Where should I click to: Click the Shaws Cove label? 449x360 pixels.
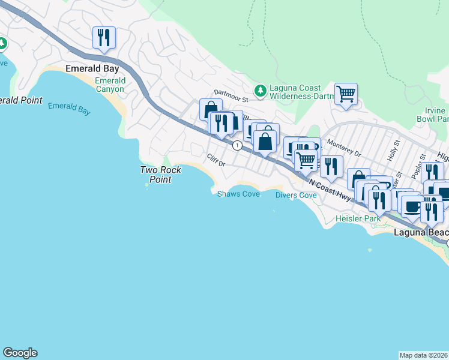click(238, 194)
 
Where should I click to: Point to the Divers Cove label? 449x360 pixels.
click(296, 195)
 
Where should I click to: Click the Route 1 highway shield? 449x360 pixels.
click(238, 145)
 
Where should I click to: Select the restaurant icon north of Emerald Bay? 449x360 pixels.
click(104, 38)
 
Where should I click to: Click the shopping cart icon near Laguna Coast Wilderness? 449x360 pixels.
click(346, 94)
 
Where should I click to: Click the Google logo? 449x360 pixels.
click(20, 353)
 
